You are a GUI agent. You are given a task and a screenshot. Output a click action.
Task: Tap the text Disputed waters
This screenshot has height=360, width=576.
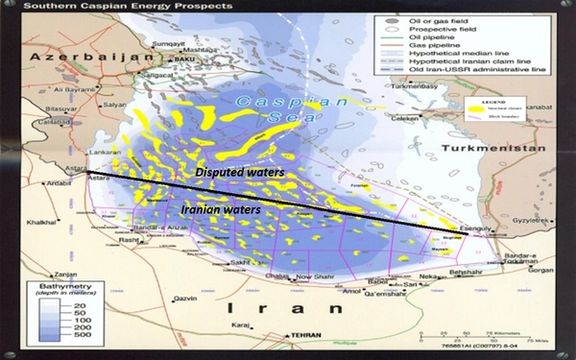pyautogui.click(x=240, y=172)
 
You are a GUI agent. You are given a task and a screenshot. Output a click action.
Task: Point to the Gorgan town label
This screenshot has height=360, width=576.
pyautogui.click(x=540, y=268)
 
